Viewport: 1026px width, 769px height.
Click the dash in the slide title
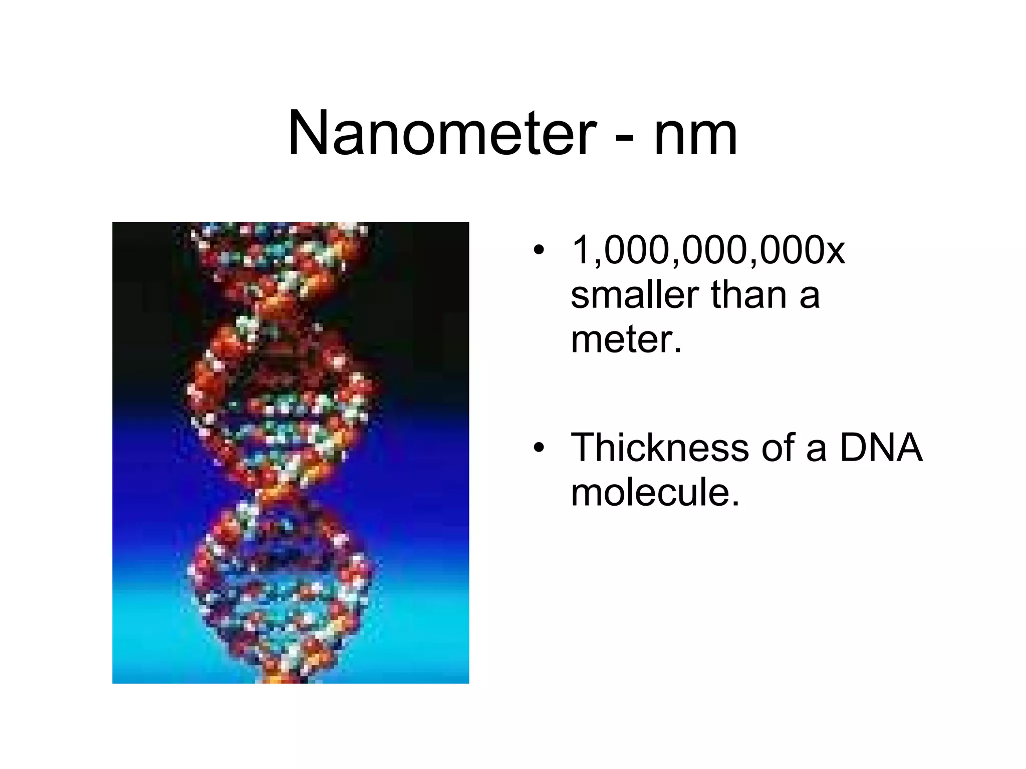coord(624,137)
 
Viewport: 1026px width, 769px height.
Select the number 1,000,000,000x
coord(707,250)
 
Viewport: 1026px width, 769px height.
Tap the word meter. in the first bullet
coord(626,340)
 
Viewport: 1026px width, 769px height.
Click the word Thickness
coord(659,448)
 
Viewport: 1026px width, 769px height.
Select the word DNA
coord(880,448)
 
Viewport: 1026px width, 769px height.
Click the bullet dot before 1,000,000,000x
coord(538,250)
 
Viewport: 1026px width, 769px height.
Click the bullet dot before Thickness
coord(538,448)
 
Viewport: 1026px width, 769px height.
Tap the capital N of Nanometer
coord(310,134)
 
